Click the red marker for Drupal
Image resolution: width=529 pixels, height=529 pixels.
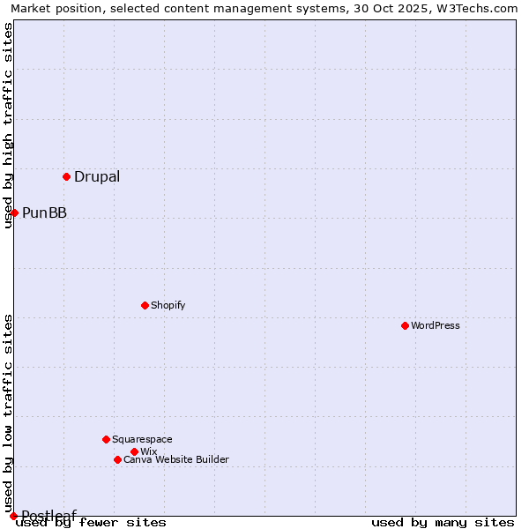click(x=66, y=176)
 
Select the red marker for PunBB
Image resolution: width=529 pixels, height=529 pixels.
click(x=14, y=212)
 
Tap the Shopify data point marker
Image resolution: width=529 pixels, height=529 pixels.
click(x=145, y=305)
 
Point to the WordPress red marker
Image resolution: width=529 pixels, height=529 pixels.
click(x=405, y=325)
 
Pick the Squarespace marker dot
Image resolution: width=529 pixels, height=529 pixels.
click(x=106, y=439)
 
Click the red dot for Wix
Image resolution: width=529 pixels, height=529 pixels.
click(x=134, y=451)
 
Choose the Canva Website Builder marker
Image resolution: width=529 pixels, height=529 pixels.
click(x=117, y=459)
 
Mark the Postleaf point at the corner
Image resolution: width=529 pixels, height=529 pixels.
click(x=13, y=516)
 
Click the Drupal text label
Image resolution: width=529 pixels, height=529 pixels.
click(x=97, y=176)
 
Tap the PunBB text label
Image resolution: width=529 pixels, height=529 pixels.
click(x=44, y=212)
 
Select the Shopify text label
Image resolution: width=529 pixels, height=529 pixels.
click(x=168, y=305)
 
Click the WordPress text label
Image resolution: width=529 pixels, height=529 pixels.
click(x=436, y=325)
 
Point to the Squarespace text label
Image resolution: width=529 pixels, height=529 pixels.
click(x=142, y=439)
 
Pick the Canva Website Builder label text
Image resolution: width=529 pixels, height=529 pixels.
click(x=176, y=459)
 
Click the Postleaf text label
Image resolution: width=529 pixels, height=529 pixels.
click(x=48, y=516)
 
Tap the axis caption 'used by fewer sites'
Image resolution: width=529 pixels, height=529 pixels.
click(x=91, y=523)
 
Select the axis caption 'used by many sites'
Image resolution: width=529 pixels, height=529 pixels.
click(x=443, y=523)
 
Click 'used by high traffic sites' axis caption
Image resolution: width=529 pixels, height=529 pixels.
click(x=8, y=125)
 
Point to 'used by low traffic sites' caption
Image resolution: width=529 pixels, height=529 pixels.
click(x=8, y=413)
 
